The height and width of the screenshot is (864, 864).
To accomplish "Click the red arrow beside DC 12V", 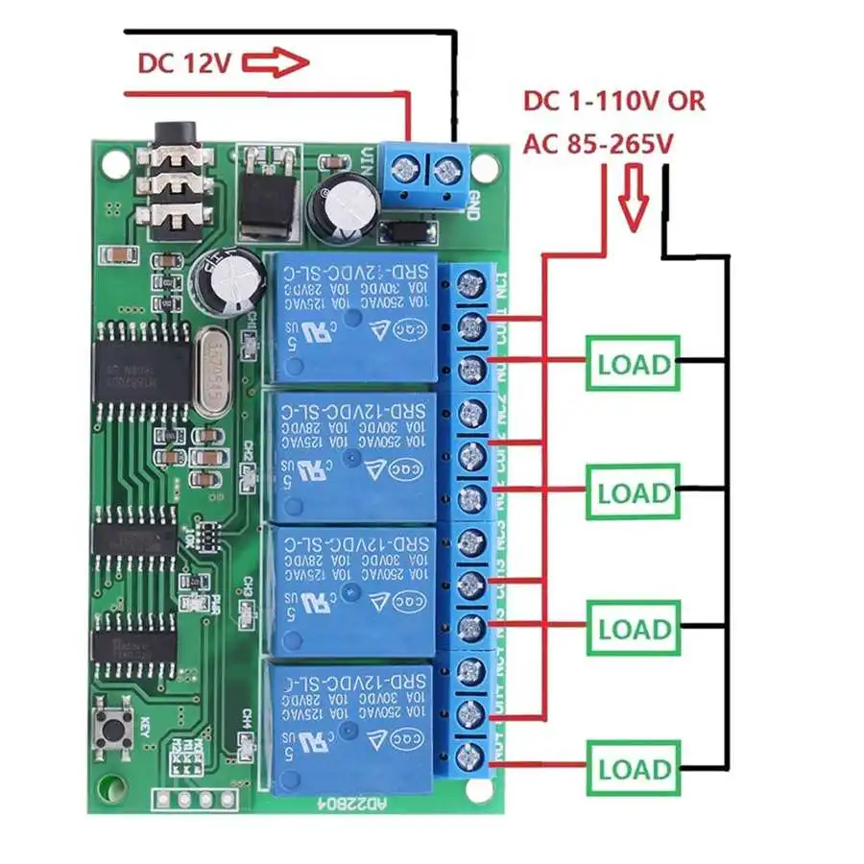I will click(x=276, y=63).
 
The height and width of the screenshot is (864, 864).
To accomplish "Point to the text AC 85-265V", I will click(x=596, y=144).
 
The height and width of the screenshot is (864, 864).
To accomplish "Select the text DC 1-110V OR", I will click(x=613, y=101).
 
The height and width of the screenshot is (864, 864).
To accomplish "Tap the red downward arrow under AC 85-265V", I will click(x=634, y=192).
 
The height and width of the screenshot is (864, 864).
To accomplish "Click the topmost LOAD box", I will click(x=633, y=363).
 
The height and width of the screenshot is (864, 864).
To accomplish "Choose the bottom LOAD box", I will click(x=633, y=768).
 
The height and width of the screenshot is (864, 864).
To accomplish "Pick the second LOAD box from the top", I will click(x=633, y=492).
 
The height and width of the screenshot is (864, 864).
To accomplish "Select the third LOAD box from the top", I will click(x=633, y=629).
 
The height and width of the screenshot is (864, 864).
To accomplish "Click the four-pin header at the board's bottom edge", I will click(x=197, y=799).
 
